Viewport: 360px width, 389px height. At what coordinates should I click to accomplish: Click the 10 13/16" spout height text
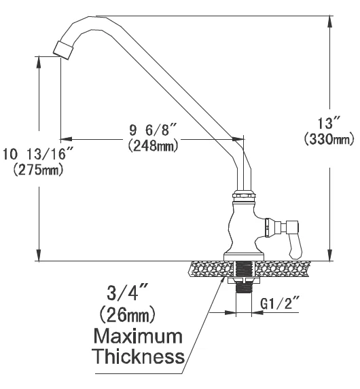click(x=38, y=154)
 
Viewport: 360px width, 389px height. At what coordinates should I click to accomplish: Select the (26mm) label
click(x=127, y=315)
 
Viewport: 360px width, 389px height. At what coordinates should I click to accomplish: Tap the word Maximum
click(x=137, y=336)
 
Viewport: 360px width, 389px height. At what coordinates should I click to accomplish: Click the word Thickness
click(x=139, y=356)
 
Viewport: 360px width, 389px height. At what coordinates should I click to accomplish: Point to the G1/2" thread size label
click(x=279, y=305)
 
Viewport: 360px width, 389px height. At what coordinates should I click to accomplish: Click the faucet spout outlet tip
click(x=62, y=49)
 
